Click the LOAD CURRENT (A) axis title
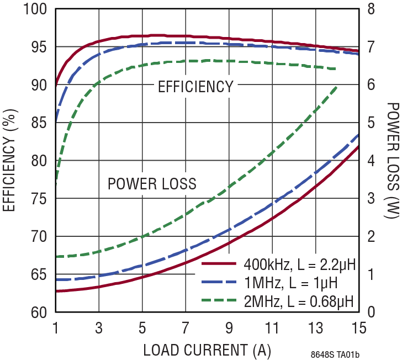coord(207,350)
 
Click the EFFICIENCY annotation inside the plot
coord(195,87)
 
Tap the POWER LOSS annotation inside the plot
coord(152,184)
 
